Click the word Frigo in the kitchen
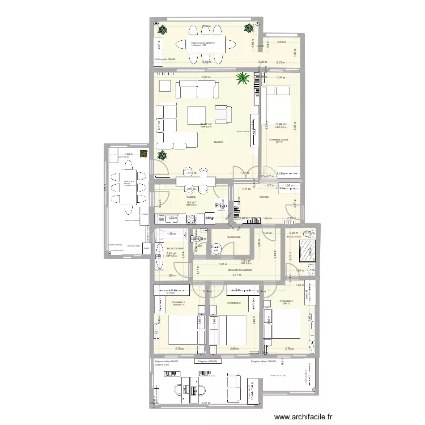(220, 206)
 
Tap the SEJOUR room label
(218, 142)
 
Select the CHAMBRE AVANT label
(279, 139)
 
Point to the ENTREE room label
(264, 197)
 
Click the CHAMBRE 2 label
(234, 303)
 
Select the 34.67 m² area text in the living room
(206, 124)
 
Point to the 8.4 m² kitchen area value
(190, 202)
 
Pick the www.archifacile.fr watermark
(304, 417)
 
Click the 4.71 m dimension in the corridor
(236, 275)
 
